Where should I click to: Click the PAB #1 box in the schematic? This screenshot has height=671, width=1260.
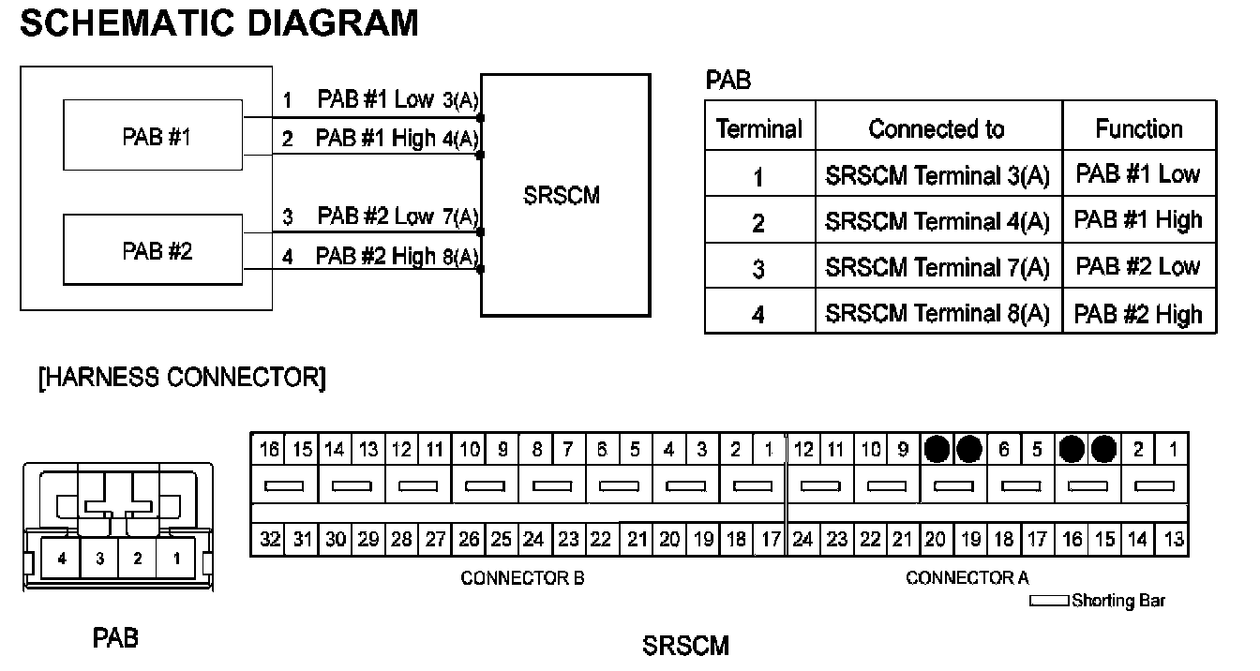tap(153, 137)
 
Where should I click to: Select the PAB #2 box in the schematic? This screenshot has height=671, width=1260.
tap(153, 250)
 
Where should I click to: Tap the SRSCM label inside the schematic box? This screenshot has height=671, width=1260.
tap(562, 197)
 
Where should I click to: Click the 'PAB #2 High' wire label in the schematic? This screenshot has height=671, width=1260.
tap(375, 256)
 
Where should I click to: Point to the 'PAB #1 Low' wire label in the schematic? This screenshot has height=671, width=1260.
tap(375, 99)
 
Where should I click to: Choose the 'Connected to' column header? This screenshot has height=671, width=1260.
tap(937, 128)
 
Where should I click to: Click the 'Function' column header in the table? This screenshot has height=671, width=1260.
tap(1138, 128)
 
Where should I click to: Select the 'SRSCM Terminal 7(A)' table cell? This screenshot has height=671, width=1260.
tap(937, 267)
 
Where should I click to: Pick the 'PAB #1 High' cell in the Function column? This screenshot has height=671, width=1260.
tap(1138, 220)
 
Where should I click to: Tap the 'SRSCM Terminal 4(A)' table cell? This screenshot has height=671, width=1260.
tap(937, 221)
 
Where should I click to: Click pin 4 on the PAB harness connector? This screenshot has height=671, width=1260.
tap(62, 559)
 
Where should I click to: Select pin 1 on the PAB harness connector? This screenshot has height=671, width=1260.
tap(174, 559)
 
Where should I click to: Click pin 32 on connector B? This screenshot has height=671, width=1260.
tap(269, 540)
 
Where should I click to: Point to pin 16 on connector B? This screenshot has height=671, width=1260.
tap(269, 450)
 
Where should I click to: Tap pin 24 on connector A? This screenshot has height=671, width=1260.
tap(802, 540)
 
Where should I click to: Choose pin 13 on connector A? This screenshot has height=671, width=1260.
tap(1172, 540)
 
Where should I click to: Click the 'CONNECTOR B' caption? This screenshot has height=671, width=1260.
tap(522, 578)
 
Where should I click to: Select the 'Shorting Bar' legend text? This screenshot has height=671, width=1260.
tap(1117, 601)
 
